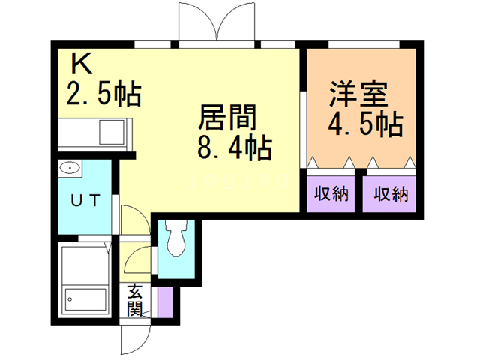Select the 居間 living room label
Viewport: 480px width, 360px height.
(x=227, y=118)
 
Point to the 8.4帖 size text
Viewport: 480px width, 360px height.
(x=233, y=149)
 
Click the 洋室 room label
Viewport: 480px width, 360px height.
(x=358, y=96)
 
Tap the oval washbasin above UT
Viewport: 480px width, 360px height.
(x=71, y=167)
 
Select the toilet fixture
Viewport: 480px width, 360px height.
(x=177, y=239)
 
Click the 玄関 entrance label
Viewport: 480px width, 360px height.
(x=135, y=298)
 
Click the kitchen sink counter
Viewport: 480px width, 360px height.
(x=94, y=135)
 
